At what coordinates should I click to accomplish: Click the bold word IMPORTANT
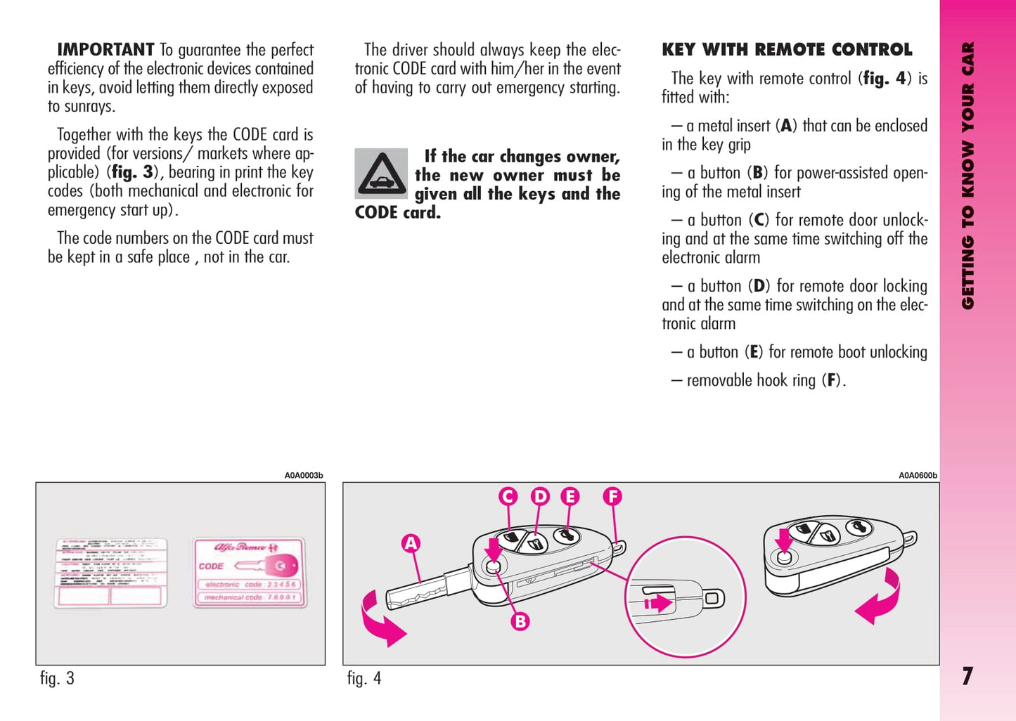click(x=105, y=50)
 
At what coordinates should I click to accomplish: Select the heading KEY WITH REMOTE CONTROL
click(x=787, y=50)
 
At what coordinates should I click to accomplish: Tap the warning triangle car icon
click(x=381, y=173)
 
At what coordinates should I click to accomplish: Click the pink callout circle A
click(x=411, y=543)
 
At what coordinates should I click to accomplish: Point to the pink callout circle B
click(x=520, y=621)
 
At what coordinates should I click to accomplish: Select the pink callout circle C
click(x=508, y=497)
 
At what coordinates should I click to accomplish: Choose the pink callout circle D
click(x=540, y=497)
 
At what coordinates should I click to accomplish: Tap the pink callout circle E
click(x=570, y=497)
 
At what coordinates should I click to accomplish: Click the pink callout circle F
click(x=612, y=497)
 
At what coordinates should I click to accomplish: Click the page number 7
click(x=967, y=676)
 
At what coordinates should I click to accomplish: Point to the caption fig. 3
click(x=57, y=678)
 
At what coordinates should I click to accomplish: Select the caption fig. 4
click(x=364, y=678)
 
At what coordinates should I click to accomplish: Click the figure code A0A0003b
click(x=304, y=476)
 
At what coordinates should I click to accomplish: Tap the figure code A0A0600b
click(x=918, y=476)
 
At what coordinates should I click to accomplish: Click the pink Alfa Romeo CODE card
click(x=250, y=572)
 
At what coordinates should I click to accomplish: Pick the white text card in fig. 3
click(x=111, y=572)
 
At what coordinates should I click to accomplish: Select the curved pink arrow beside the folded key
click(x=880, y=598)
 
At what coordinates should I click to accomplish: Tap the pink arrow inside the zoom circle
click(x=658, y=603)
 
